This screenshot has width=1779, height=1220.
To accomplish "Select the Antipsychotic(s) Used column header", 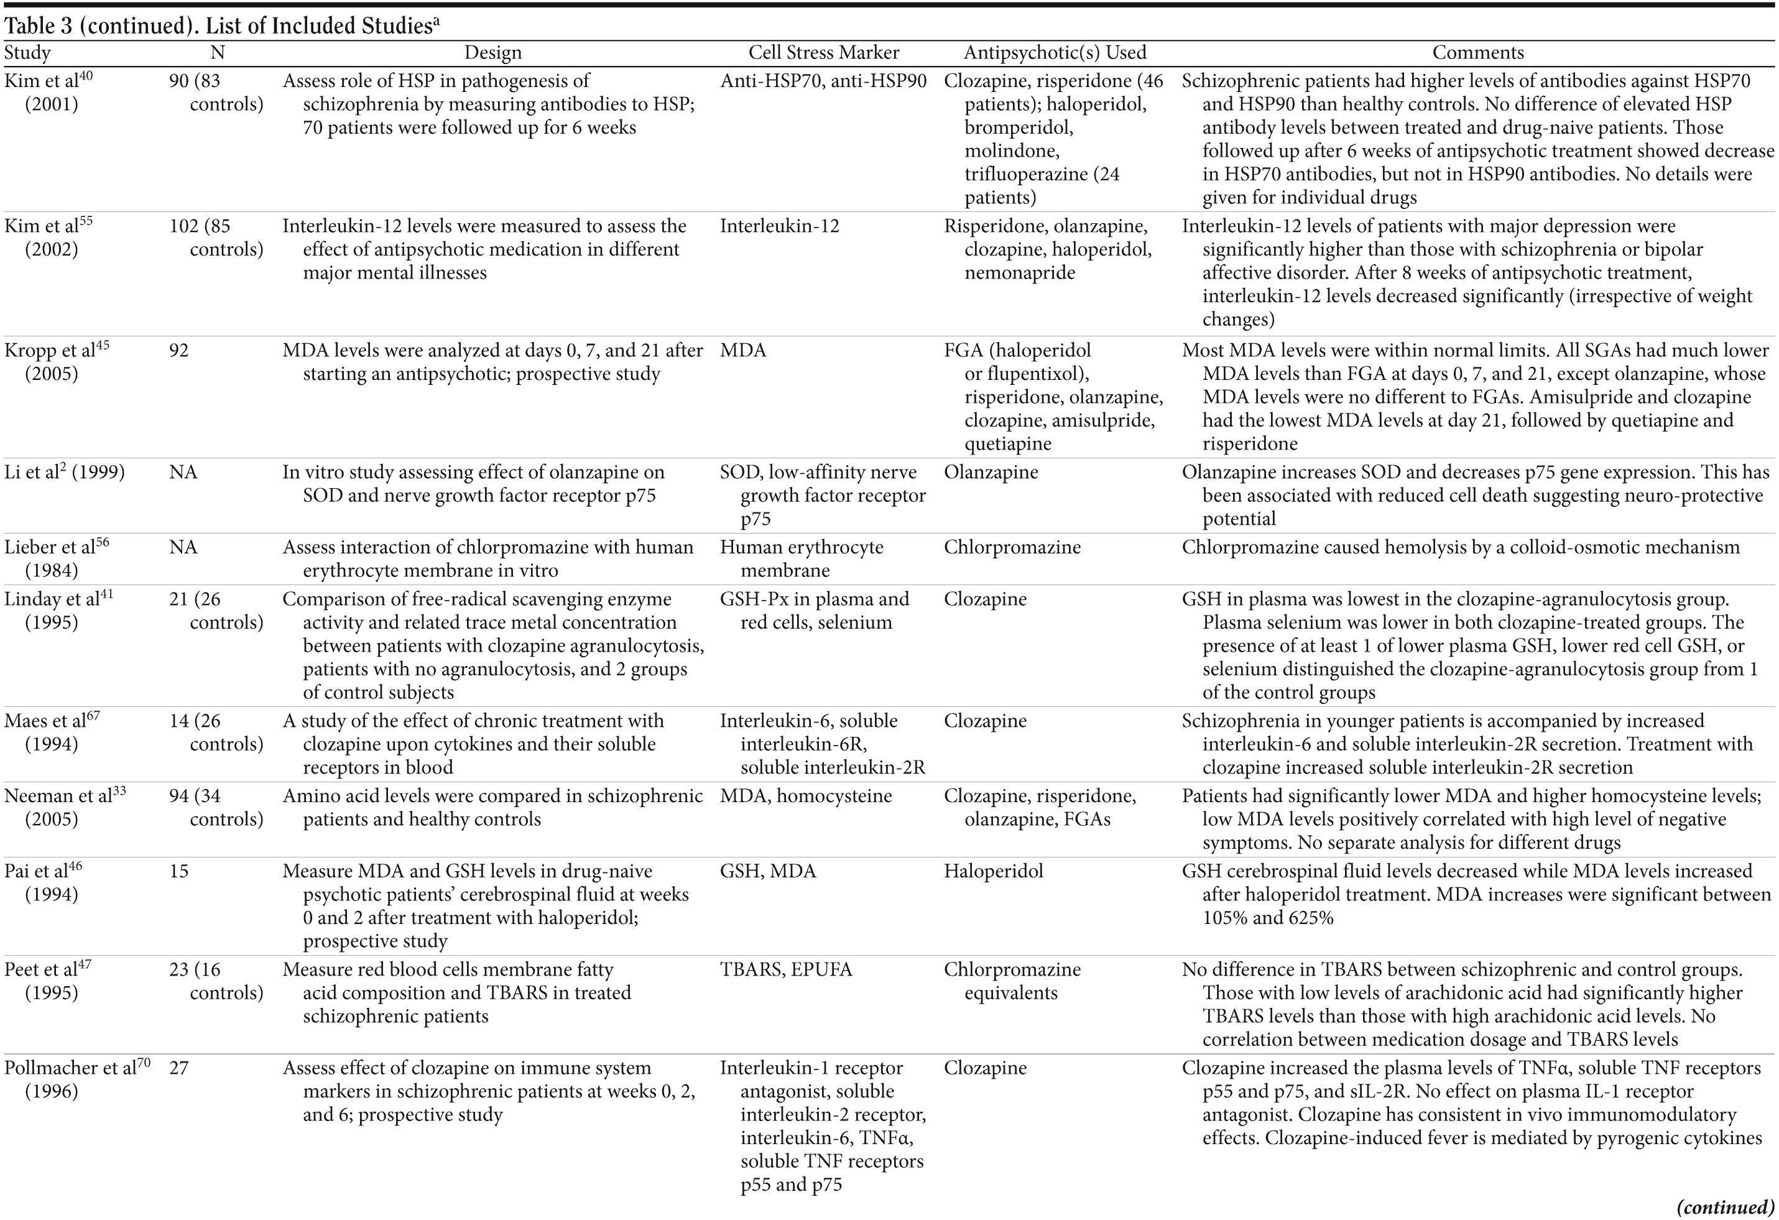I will click(1054, 53).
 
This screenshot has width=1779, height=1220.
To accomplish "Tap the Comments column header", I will click(1477, 53).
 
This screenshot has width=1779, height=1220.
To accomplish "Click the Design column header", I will click(493, 53).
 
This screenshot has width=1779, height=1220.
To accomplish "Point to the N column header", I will click(218, 53).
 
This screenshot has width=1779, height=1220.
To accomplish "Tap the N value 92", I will click(178, 351).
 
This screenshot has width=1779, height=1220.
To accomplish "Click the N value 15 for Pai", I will click(178, 871).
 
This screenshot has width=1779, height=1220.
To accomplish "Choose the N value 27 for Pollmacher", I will click(178, 1068).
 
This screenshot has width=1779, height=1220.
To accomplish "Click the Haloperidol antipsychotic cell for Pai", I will click(993, 871).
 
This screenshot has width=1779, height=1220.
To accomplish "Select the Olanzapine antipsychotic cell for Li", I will click(991, 472).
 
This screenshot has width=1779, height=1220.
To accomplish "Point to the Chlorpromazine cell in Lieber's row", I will click(1011, 547).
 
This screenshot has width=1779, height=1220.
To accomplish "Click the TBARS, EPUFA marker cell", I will click(785, 970).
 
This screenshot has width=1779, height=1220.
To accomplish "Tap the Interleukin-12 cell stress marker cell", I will click(779, 226).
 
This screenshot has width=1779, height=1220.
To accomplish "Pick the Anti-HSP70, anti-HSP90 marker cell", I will click(823, 81).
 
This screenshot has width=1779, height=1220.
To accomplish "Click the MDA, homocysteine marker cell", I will click(805, 796).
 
